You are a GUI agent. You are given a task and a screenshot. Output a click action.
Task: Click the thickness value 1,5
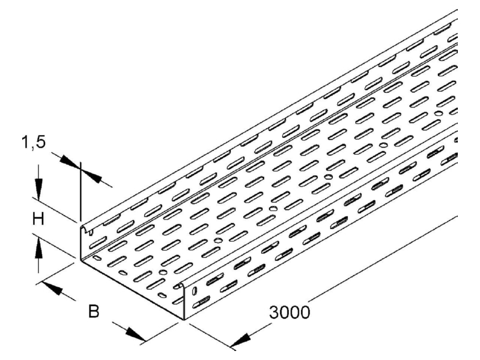click(34, 143)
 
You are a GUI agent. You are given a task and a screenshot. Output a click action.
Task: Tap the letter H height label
click(38, 219)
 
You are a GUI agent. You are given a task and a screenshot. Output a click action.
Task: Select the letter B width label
click(94, 311)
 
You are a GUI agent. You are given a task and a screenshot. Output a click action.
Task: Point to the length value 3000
click(290, 312)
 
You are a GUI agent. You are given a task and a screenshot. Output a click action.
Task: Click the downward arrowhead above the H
click(38, 189)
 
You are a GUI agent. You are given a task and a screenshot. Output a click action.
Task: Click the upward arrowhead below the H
click(38, 248)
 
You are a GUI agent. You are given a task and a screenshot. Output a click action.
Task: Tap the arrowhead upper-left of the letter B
click(52, 288)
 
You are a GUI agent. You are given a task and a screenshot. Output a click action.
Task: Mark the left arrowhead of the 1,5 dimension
click(70, 161)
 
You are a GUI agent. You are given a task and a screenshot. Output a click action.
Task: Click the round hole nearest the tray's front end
click(163, 272)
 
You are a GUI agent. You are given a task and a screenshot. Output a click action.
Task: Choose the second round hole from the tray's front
click(218, 241)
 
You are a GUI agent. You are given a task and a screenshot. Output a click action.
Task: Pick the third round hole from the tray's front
click(273, 209)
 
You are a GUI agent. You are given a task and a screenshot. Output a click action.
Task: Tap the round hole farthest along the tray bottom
click(439, 113)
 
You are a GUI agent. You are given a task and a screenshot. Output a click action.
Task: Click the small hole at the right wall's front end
click(194, 291)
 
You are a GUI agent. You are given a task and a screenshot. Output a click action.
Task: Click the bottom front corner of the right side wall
click(184, 320)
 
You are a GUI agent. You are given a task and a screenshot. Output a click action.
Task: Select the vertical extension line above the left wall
click(80, 191)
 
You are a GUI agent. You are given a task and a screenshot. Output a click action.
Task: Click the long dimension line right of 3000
click(383, 256)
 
